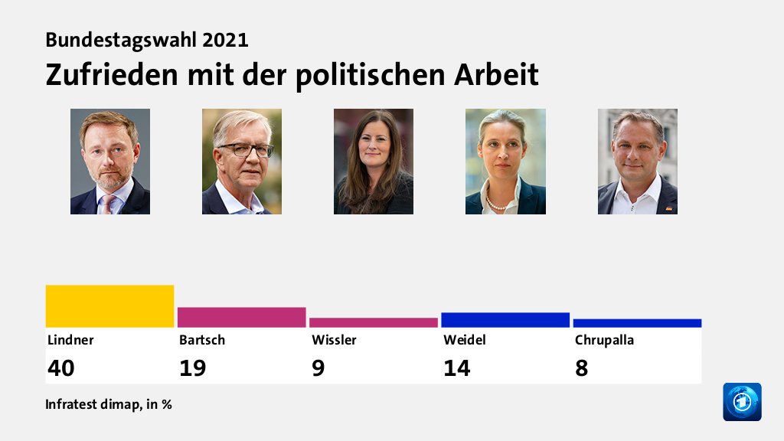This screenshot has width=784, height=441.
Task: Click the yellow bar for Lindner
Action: [109, 306]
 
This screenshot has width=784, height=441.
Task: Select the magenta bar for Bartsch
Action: [241, 317]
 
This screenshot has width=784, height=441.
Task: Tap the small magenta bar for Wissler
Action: [373, 322]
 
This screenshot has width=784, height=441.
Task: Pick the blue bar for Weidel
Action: [505, 320]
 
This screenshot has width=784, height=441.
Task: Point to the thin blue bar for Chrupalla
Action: [637, 323]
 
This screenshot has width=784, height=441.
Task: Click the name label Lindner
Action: [70, 340]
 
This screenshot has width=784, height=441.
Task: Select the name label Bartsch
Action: [202, 340]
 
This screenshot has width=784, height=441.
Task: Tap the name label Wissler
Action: [334, 340]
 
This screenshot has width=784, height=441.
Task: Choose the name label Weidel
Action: [465, 340]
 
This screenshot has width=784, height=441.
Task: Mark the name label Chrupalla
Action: [604, 340]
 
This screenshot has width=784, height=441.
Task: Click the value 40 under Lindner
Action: [61, 368]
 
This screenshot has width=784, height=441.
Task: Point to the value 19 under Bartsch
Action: [192, 368]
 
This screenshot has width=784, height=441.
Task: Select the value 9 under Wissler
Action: [318, 368]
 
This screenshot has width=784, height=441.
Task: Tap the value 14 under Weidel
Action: [456, 368]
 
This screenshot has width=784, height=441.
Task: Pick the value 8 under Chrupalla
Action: [581, 368]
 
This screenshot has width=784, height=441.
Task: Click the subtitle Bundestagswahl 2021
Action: [147, 40]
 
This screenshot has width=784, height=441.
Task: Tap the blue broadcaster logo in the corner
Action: [742, 402]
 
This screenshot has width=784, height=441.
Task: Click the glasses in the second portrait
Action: [245, 150]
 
